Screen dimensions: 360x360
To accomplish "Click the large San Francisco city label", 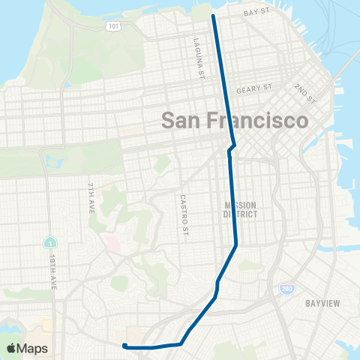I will pos(235,121).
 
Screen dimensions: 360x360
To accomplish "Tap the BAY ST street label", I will pos(256,13).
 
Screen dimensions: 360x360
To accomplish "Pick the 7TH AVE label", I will pos(89,196).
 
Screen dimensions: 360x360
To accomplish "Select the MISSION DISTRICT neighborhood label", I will pos(241,209).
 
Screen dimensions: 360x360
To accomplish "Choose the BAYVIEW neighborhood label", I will pos(324,303).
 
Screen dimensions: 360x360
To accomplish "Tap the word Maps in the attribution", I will pos(32,348).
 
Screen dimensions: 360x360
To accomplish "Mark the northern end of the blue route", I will pos(213,16).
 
